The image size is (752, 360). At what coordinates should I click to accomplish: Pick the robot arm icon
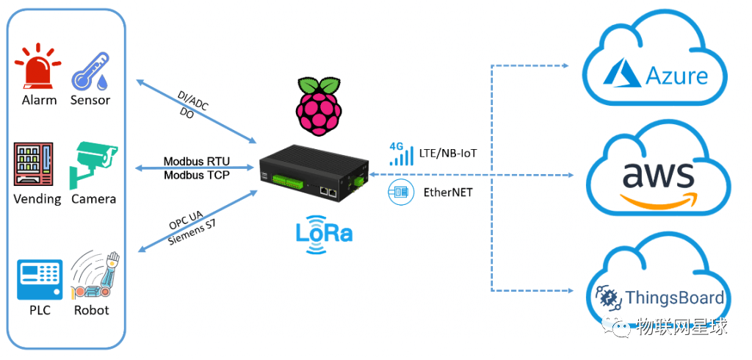(x=93, y=275)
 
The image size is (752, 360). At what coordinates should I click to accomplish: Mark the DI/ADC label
(x=193, y=100)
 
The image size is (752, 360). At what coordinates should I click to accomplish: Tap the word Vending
(x=37, y=199)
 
